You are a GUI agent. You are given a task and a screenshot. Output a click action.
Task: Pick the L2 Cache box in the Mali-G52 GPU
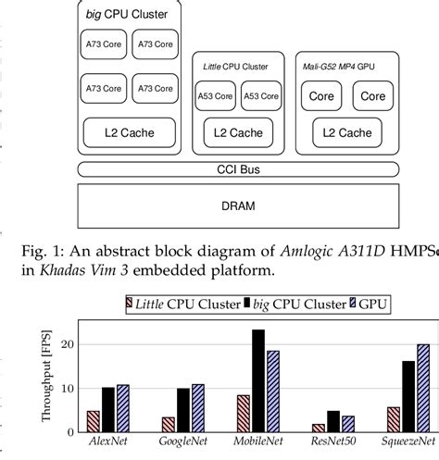(x=346, y=133)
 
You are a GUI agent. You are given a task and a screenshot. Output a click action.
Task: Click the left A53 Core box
(x=216, y=95)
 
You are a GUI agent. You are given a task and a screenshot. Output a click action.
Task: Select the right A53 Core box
(x=258, y=95)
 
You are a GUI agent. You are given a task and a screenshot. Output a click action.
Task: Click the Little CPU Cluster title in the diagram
(x=236, y=67)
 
